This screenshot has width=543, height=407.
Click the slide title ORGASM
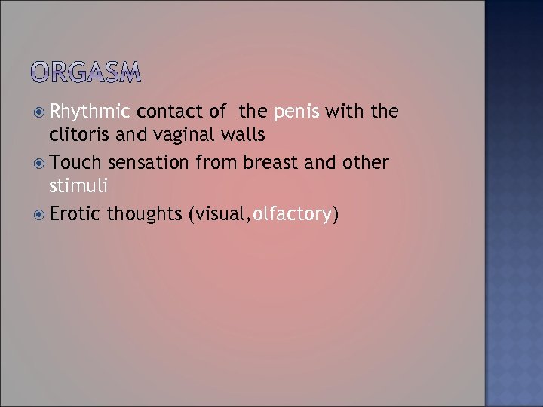coord(87,72)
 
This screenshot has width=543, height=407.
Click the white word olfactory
coord(293,215)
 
